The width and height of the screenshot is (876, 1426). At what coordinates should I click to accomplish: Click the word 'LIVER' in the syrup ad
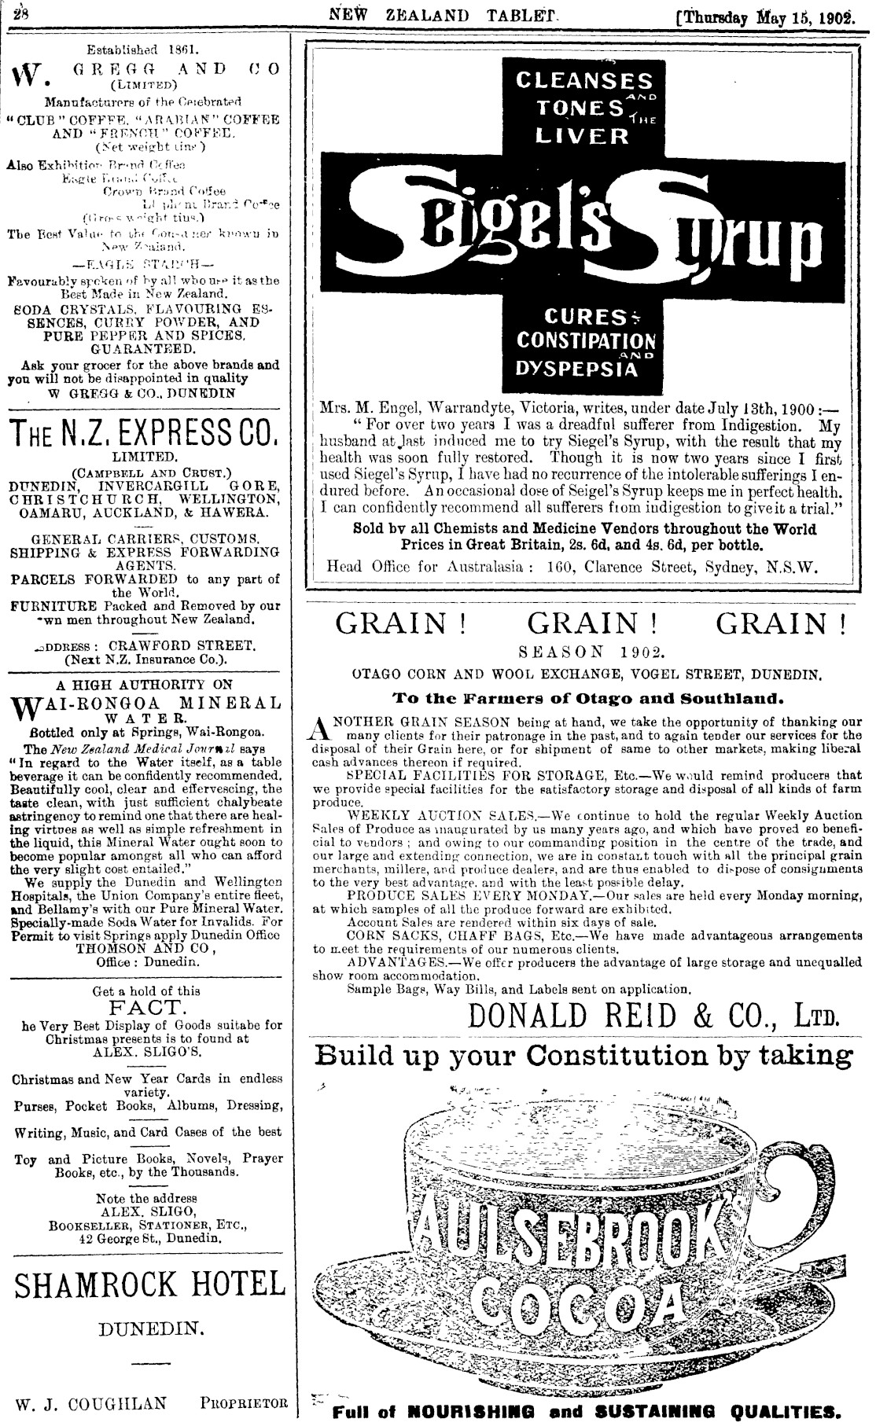click(x=582, y=136)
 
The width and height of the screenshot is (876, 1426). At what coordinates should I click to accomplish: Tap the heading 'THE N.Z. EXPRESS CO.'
click(x=144, y=432)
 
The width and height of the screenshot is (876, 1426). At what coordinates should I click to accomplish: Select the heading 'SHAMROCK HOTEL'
click(x=149, y=1284)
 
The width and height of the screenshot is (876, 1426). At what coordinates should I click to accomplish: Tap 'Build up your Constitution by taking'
click(x=583, y=1055)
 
